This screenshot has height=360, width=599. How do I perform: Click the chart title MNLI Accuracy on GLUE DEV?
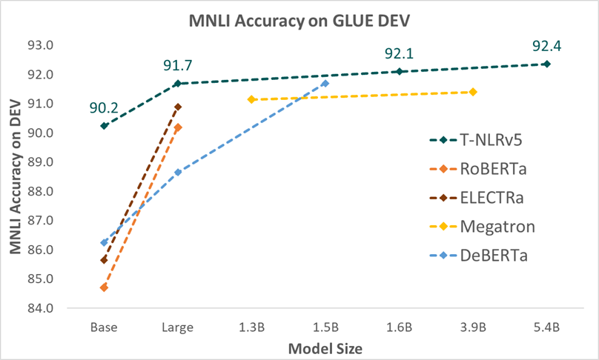(x=299, y=19)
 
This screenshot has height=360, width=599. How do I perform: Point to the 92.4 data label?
(x=546, y=47)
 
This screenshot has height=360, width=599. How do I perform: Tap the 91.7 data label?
(x=178, y=67)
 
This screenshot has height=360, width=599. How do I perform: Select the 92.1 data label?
(x=399, y=54)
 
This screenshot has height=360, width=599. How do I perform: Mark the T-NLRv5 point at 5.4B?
(x=546, y=64)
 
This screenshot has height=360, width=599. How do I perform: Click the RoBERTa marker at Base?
(x=104, y=287)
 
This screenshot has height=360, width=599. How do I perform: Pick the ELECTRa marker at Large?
(x=178, y=107)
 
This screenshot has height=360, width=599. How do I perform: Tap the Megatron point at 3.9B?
(x=473, y=92)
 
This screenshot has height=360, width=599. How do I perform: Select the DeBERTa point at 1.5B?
(x=325, y=83)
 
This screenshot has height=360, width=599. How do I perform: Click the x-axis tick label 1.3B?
(x=251, y=326)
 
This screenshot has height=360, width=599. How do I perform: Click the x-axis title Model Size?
(x=325, y=346)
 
